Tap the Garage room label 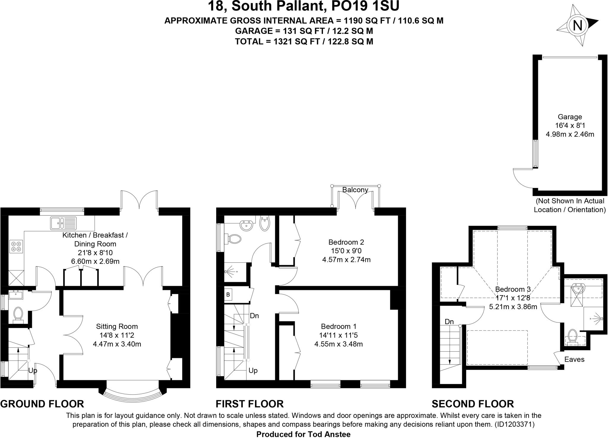click(x=570, y=117)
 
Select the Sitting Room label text click(x=117, y=327)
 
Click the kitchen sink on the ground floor click(x=63, y=223)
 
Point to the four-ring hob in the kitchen click(x=16, y=246)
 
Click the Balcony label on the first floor click(x=355, y=190)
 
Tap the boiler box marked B click(x=228, y=295)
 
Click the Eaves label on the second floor click(x=574, y=360)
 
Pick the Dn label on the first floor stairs click(x=254, y=316)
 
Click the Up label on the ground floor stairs click(x=33, y=371)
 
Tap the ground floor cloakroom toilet click(x=18, y=314)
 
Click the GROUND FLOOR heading click(x=42, y=404)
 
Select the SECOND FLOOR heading click(x=473, y=404)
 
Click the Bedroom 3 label click(x=513, y=289)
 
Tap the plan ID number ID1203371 click(x=514, y=425)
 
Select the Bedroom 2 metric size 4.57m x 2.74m click(x=346, y=260)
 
